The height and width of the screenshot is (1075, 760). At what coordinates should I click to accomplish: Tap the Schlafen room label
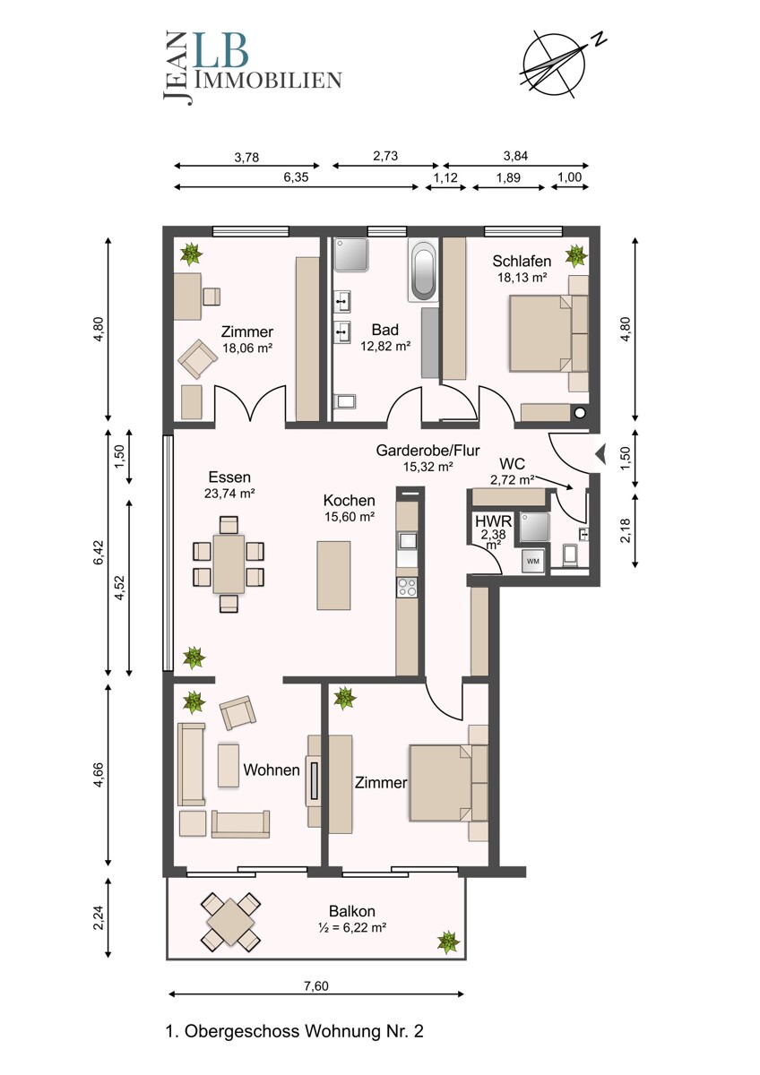coord(522,261)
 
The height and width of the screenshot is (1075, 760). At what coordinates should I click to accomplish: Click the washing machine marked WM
coord(533,561)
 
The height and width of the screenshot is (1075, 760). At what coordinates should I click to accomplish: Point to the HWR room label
coord(494,521)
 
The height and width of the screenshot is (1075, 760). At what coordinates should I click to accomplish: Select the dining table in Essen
coord(229,564)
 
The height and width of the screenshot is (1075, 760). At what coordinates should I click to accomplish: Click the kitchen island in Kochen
coord(333,575)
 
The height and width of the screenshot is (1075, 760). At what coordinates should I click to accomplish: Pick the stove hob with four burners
coord(407,588)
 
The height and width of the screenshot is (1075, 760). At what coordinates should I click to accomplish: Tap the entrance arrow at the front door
coord(600,453)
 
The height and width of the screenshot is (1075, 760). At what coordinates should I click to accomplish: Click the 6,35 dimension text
coord(296,177)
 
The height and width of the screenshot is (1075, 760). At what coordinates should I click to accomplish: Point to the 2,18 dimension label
coord(625,530)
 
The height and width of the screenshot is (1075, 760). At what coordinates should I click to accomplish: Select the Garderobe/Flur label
coord(427,450)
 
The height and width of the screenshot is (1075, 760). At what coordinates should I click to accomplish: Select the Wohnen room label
coord(272,770)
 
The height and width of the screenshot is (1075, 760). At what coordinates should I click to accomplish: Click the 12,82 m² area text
coord(385,346)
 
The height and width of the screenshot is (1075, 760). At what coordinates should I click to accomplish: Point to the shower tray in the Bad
coord(351,254)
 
